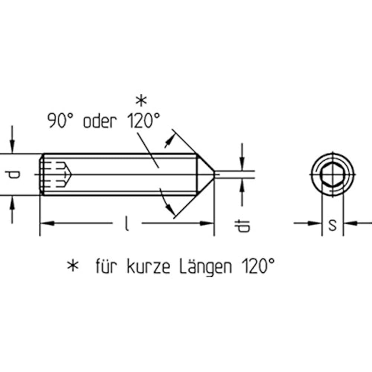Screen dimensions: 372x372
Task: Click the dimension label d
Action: [13, 175]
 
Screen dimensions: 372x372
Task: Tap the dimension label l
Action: [127, 223]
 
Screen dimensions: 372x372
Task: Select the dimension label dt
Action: [242, 226]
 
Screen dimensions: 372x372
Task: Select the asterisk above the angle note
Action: [141, 100]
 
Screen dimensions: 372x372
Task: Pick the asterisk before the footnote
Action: [73, 266]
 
